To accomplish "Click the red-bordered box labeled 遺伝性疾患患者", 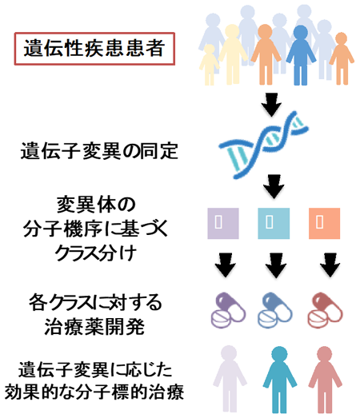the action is (x=94, y=49).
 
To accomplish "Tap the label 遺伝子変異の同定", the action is (x=99, y=151).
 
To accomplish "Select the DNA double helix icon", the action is (x=264, y=145).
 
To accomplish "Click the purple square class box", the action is (x=223, y=224).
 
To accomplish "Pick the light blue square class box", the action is (x=274, y=224).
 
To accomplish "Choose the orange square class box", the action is (x=324, y=224).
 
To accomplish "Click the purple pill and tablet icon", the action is (x=228, y=310).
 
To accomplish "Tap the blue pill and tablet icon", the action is (x=275, y=310).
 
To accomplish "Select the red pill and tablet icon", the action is (x=325, y=310).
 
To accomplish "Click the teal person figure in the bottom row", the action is (x=279, y=380).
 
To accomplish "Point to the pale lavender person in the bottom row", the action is (x=230, y=379).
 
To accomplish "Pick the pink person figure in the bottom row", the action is (x=325, y=380).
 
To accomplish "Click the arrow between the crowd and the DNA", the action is (x=271, y=105).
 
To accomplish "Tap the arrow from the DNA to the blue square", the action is (x=274, y=186).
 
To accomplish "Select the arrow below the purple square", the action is (x=226, y=265).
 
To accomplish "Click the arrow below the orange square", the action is (x=330, y=265).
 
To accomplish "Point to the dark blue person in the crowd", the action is (x=301, y=55).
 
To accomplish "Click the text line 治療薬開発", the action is (x=94, y=327).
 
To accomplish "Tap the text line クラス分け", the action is (x=95, y=253).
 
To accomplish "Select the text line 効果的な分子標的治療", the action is (x=94, y=392).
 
